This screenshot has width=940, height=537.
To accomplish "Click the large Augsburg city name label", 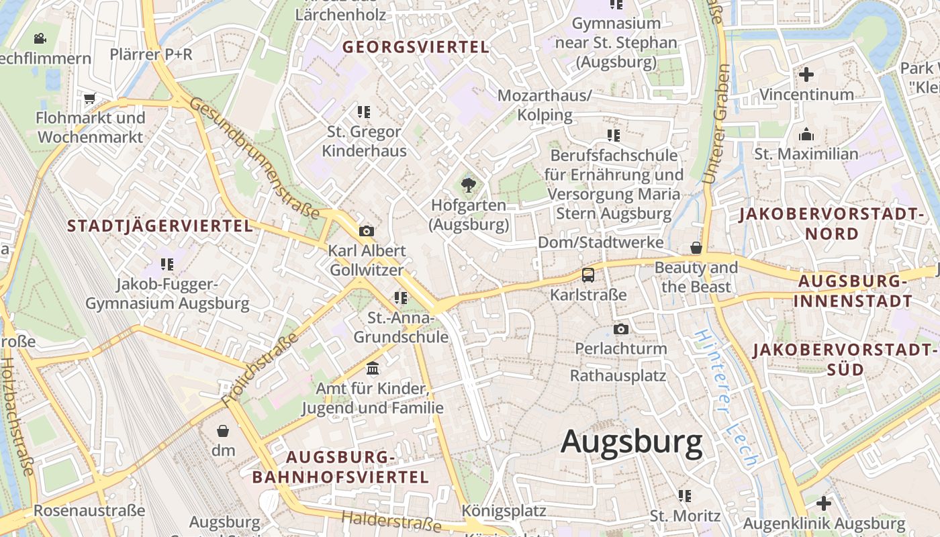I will coord(631,442).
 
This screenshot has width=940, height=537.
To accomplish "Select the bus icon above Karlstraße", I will coord(588,275).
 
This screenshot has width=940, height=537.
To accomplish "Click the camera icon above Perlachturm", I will coord(621,329).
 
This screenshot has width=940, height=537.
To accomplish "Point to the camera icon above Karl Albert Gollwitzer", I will coord(367,231).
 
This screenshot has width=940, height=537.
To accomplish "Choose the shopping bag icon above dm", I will coord(223,430).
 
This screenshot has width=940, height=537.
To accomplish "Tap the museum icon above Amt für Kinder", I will coord(373,369).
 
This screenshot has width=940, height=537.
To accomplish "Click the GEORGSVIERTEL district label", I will coord(416,47).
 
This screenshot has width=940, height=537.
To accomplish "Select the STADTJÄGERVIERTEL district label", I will coord(160,226).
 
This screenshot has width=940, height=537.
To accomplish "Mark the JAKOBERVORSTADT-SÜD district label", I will coord(845,360).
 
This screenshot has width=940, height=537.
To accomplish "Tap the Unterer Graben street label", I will coord(716,124).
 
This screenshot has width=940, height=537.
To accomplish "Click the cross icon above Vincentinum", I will coord(806,74).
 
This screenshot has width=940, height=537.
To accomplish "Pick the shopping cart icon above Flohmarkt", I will coord(90,99).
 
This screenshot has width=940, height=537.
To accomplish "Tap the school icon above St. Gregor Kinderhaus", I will coord(364,111).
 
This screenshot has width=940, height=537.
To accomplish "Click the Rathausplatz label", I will coord(618,375).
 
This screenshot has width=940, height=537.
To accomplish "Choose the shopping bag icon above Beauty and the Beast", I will coord(696,248).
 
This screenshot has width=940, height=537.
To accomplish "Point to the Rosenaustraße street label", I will coord(89,511).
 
